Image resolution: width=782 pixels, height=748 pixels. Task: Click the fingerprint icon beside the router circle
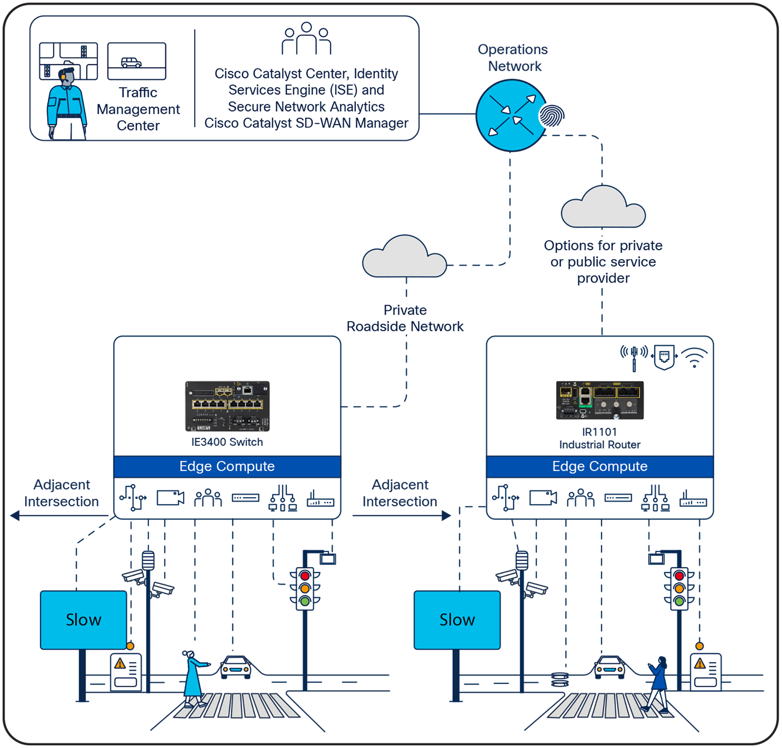tap(552, 116)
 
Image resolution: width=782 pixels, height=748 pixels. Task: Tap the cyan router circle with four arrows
tap(511, 116)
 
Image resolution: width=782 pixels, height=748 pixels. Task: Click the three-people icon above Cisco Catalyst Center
tap(306, 39)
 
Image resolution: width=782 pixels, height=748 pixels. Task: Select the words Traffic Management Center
tap(138, 109)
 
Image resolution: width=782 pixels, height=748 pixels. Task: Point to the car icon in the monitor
tap(131, 63)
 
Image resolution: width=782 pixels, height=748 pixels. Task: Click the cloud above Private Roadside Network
tap(404, 258)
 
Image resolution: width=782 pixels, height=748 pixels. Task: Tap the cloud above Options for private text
tap(603, 208)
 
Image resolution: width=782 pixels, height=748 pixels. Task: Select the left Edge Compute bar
tap(227, 466)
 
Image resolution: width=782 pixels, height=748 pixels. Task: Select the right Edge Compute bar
tap(599, 466)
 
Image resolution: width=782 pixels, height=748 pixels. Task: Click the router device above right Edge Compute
tap(599, 400)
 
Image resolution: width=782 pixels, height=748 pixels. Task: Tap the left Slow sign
tap(83, 620)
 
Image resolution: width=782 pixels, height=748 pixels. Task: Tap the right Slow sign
tap(457, 620)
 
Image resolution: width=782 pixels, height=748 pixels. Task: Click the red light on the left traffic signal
tap(305, 576)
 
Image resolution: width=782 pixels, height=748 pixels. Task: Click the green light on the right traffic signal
tap(679, 601)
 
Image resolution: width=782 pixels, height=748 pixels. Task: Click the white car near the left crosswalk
tap(236, 666)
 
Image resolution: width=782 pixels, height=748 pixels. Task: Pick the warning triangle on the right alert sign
tap(700, 664)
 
